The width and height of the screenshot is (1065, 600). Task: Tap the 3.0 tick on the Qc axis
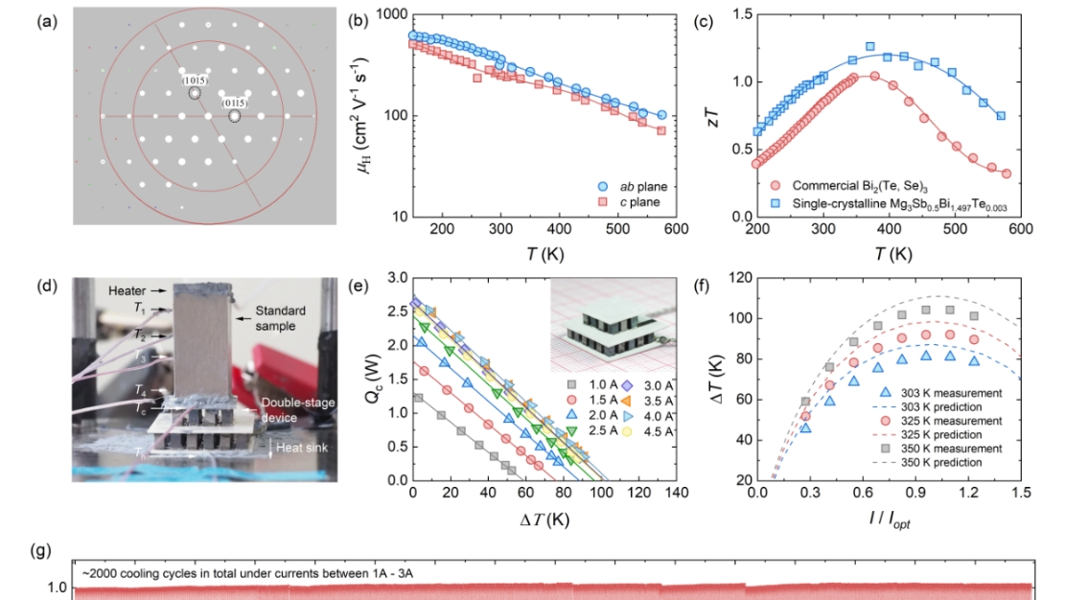click(398, 278)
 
